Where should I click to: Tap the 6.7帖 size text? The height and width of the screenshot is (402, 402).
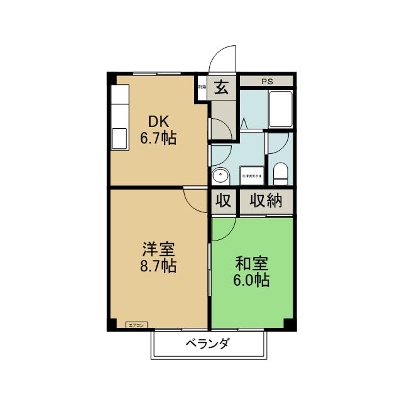tap(158, 138)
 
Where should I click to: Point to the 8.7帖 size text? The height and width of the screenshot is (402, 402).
tap(158, 266)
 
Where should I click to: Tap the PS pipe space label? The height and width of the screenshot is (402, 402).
tap(267, 80)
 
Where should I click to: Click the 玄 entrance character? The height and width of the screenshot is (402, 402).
tap(222, 87)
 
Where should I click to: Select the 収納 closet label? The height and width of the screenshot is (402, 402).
tap(266, 201)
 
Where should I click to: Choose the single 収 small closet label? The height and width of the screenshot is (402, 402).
tap(223, 201)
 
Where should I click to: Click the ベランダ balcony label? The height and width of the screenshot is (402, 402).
tap(207, 344)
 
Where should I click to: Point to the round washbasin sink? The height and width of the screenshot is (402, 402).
tap(219, 175)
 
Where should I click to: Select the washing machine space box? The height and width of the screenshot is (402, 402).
tap(251, 175)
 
